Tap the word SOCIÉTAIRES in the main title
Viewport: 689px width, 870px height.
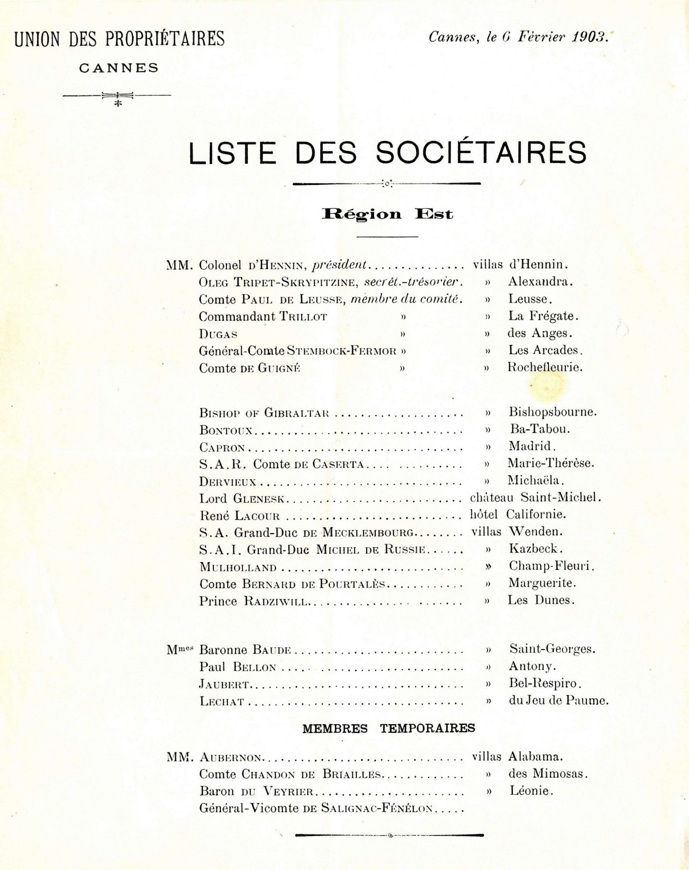click(x=481, y=153)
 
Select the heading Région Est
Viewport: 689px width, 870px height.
click(x=387, y=214)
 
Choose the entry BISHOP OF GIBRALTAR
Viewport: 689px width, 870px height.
click(x=264, y=412)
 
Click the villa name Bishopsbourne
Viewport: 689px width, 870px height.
click(x=552, y=412)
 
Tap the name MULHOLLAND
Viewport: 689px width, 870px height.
click(x=238, y=567)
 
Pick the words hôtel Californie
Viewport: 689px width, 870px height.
click(x=518, y=515)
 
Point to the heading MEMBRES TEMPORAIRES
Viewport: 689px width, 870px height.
click(x=388, y=728)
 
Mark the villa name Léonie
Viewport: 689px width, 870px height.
click(x=531, y=791)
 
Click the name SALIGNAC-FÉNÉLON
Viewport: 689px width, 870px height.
click(x=377, y=808)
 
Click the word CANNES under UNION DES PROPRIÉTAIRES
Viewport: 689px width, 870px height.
click(x=119, y=68)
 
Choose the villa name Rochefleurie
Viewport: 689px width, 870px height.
click(x=545, y=367)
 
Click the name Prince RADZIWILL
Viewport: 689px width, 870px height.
click(x=254, y=602)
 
